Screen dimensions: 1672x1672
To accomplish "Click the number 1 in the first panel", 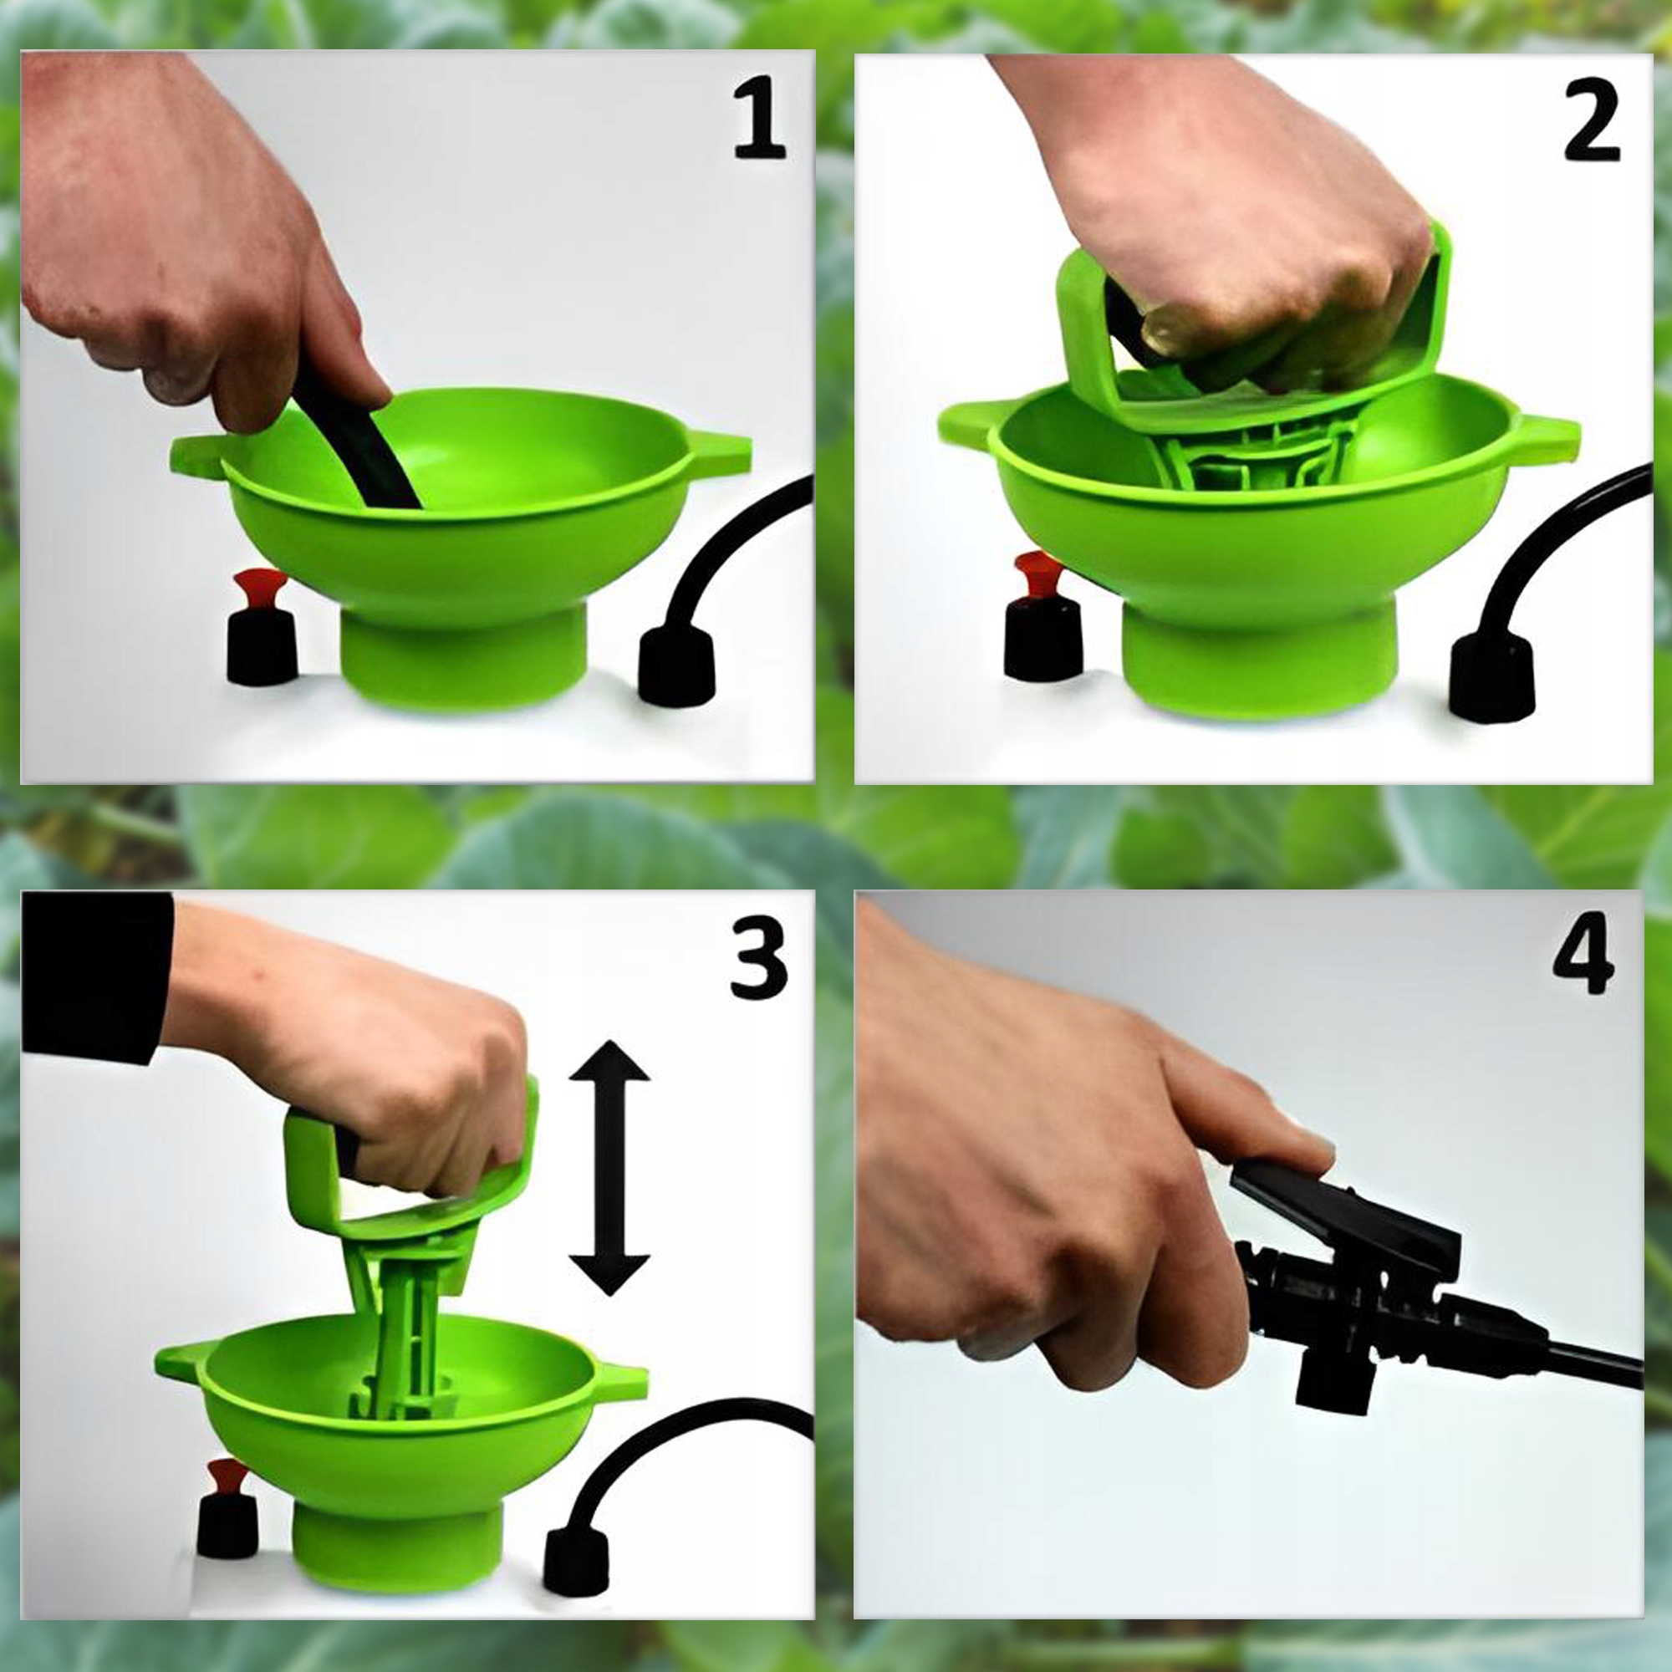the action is pos(759,120).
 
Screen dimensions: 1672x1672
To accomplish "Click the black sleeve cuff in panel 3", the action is pos(97,976).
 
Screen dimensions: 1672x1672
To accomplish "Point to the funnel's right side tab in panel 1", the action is pos(717,456).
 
